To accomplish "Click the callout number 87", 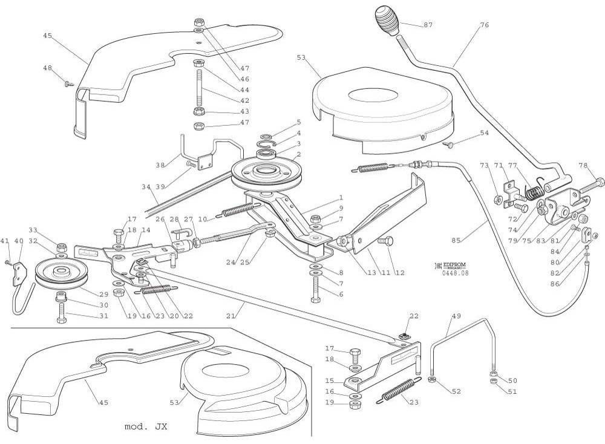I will pos(428,25).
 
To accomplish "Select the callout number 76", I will pos(484,25).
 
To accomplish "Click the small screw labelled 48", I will pos(67,83).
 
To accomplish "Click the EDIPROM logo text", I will pos(453,265).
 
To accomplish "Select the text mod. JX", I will pos(146,426).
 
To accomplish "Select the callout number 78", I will pos(583,165).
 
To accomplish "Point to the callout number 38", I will pos(160,165).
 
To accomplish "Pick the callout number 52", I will pos(456,391).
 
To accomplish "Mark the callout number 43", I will pos(244,111).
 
